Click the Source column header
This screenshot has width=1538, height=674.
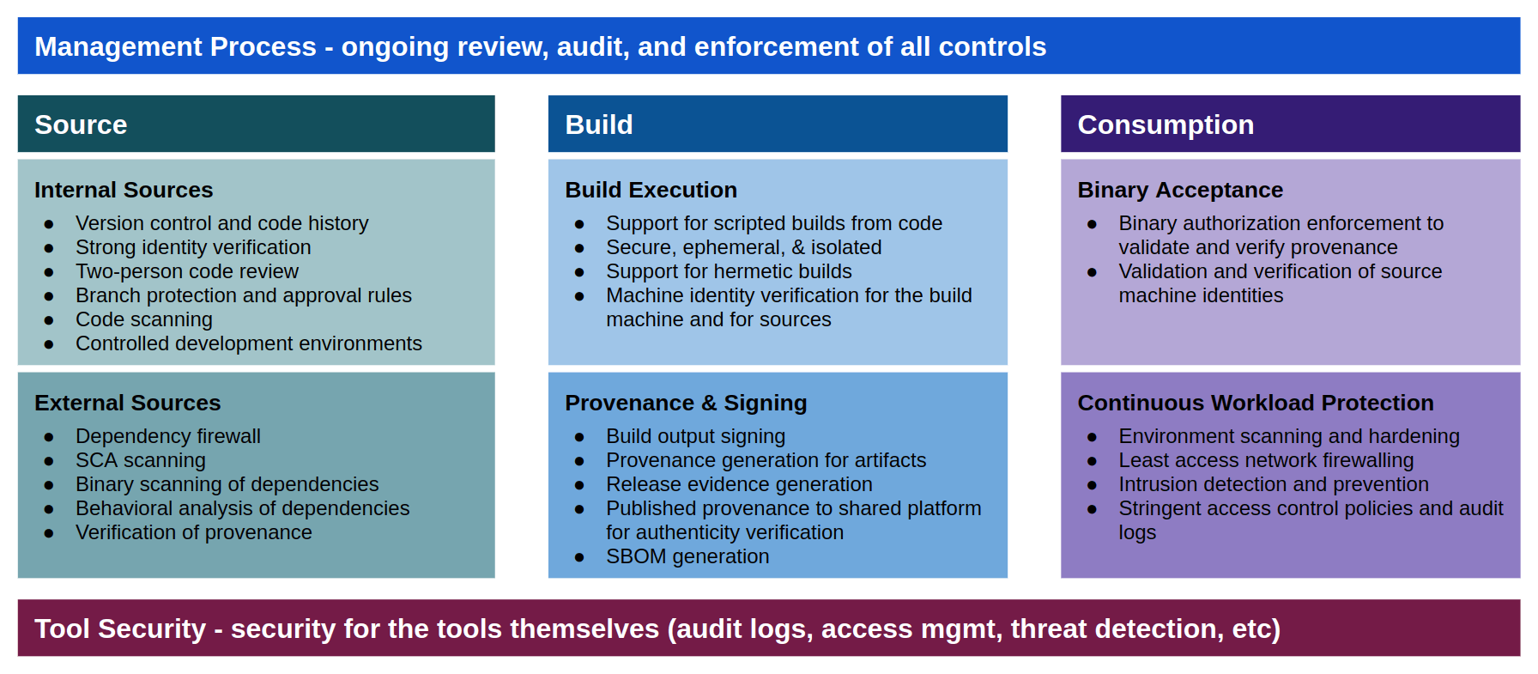82,124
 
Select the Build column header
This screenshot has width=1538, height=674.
598,124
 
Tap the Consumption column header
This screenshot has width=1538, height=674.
1165,124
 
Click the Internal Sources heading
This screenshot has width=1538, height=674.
124,190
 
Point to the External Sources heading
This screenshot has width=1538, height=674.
127,403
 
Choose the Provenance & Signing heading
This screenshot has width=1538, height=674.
685,403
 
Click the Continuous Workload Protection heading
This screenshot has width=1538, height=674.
1255,403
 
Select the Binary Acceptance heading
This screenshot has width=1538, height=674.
1179,190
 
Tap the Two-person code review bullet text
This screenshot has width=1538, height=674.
186,271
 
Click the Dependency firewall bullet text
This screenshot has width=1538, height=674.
167,436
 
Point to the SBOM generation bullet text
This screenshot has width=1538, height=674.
687,556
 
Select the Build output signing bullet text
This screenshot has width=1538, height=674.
695,436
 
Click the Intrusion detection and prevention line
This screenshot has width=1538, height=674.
1273,484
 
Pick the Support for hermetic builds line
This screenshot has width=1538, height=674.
728,271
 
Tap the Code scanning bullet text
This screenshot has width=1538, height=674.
143,319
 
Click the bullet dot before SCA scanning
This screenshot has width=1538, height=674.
49,461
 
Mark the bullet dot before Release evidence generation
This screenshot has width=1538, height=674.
579,485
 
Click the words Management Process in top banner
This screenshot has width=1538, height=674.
175,46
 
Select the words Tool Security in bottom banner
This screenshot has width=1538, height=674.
120,628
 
